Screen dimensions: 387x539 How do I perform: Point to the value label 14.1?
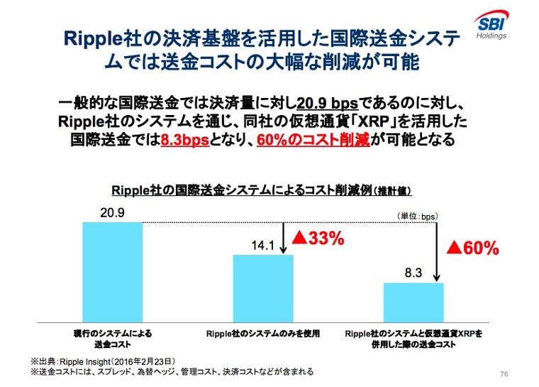(x=263, y=246)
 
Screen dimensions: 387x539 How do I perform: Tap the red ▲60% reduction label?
(x=472, y=248)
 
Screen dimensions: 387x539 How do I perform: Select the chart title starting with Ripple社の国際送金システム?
(x=261, y=190)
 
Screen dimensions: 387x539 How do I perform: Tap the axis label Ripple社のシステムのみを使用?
(x=263, y=332)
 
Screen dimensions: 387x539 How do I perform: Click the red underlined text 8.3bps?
(x=185, y=140)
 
